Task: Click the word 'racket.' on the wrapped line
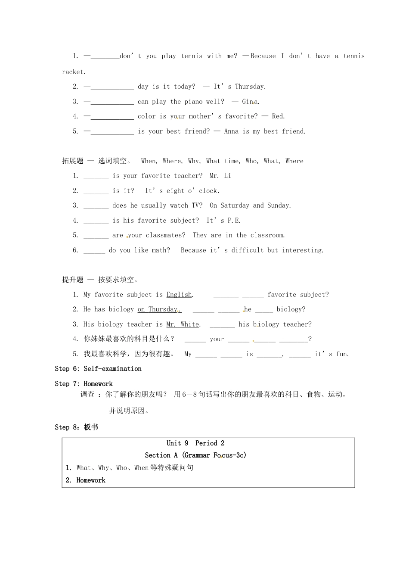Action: pyautogui.click(x=74, y=72)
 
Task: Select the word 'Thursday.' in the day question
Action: pyautogui.click(x=250, y=87)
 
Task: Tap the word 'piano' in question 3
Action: pyautogui.click(x=193, y=102)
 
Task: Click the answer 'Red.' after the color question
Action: pyautogui.click(x=278, y=116)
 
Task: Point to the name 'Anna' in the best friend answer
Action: pyautogui.click(x=231, y=131)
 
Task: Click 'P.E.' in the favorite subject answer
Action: pyautogui.click(x=234, y=221)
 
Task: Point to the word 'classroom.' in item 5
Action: pyautogui.click(x=267, y=235)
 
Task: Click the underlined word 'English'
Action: pyautogui.click(x=179, y=295)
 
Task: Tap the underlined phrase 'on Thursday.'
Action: pyautogui.click(x=159, y=309)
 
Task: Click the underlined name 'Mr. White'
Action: pyautogui.click(x=183, y=324)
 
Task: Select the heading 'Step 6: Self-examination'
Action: pyautogui.click(x=98, y=369)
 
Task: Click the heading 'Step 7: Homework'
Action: pyautogui.click(x=84, y=384)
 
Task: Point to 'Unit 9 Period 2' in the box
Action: pyautogui.click(x=195, y=443)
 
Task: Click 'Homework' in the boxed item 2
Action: pyautogui.click(x=91, y=480)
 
